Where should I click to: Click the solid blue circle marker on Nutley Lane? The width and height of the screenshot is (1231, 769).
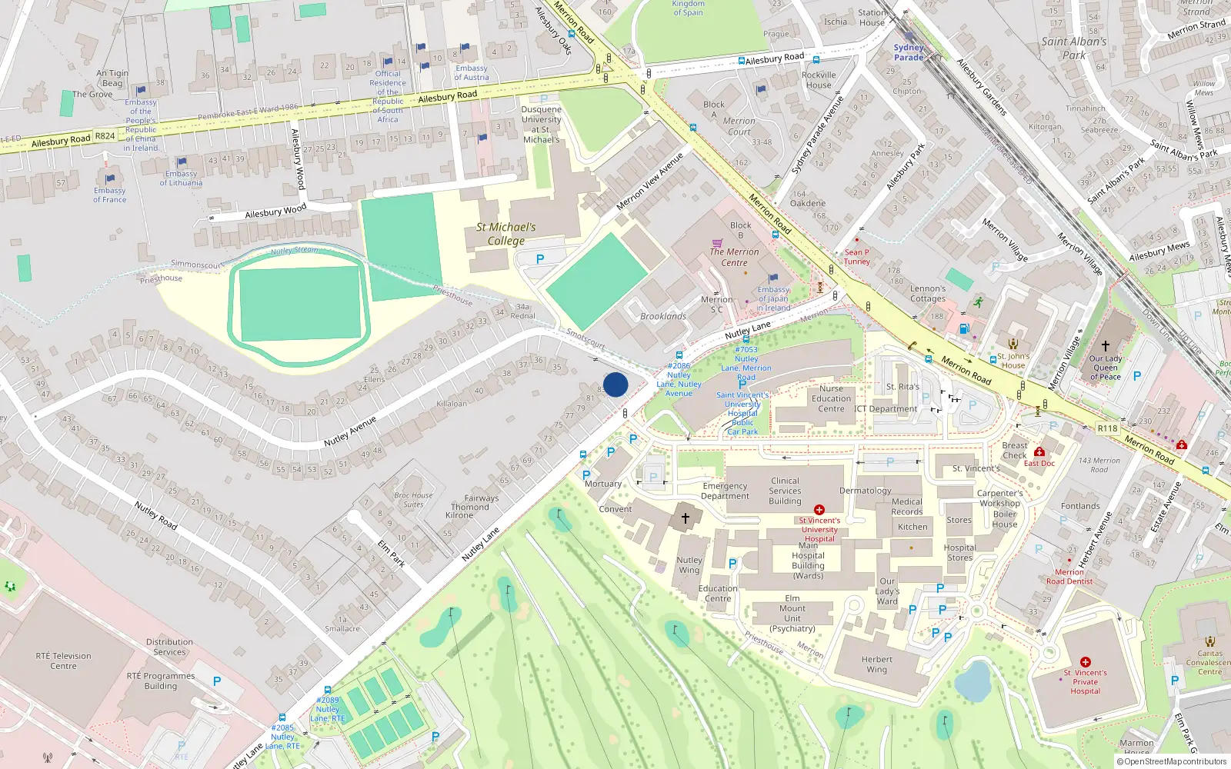coord(615,384)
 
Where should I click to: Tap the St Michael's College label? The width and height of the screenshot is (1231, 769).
coord(505,234)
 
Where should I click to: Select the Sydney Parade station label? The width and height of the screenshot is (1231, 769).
coord(909,52)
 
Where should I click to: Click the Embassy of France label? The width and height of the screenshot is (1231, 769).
coord(109,195)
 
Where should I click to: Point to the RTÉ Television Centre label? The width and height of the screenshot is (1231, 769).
coord(63,661)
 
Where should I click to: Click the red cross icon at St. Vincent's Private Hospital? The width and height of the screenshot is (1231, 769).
coord(1085,662)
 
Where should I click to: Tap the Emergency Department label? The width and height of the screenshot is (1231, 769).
coord(725,491)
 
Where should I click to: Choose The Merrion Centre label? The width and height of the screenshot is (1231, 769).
coord(734,257)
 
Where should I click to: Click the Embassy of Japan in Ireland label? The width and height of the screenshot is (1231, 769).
coord(773,298)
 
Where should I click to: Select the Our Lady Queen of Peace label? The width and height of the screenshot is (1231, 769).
coord(1106,368)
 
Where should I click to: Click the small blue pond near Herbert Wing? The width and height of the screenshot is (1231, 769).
coord(974,681)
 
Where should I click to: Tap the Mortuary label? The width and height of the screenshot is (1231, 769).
coord(603,484)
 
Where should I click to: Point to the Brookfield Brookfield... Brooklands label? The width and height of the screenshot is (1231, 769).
coord(663,316)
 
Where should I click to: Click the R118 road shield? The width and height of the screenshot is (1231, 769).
coord(1107,428)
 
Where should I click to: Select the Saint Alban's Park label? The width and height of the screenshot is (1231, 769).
coord(1074,48)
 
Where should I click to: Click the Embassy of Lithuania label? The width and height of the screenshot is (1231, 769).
coord(181,178)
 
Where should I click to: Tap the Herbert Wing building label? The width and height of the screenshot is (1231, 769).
coord(877,664)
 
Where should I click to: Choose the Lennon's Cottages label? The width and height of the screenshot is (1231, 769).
coord(928,294)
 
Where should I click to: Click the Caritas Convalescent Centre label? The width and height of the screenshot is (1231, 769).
coord(1209,662)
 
